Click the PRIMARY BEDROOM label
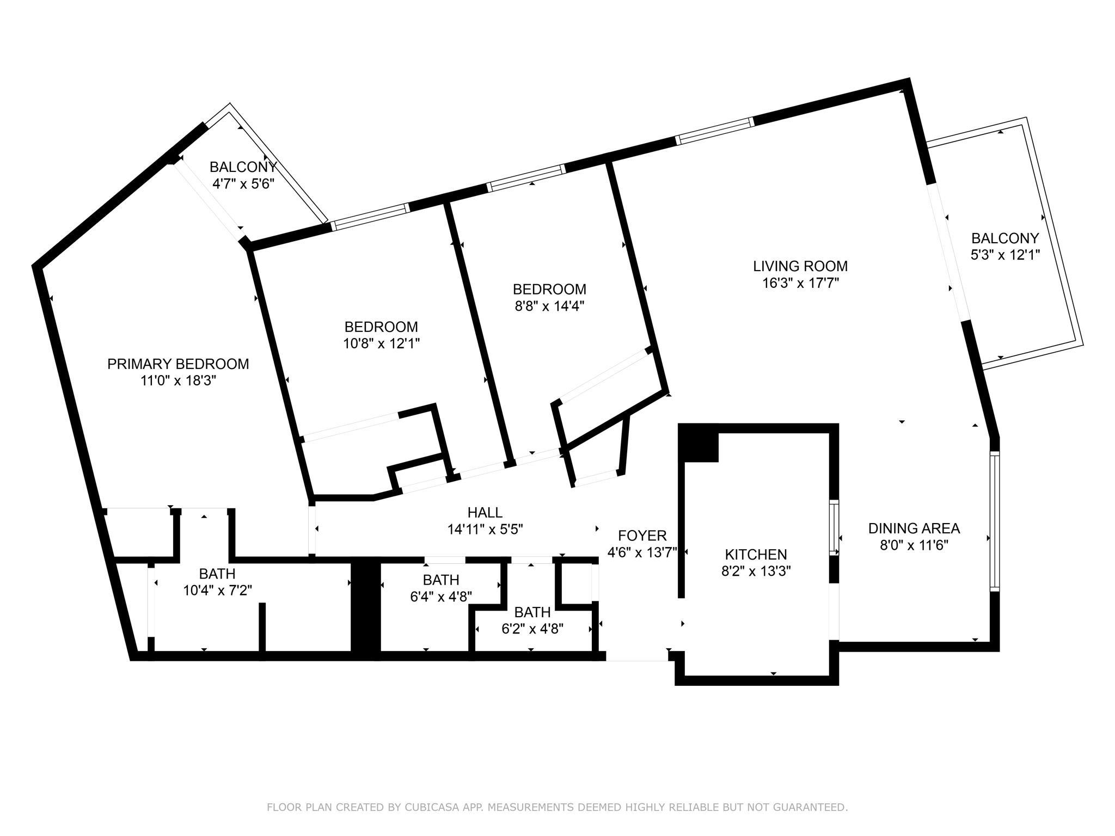(178, 364)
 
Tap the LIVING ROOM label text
(800, 266)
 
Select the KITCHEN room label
(756, 555)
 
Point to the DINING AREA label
(914, 528)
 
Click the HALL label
(485, 512)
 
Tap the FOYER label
(642, 536)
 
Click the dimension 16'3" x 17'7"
(800, 283)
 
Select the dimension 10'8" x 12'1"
(381, 343)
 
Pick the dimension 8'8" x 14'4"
(549, 305)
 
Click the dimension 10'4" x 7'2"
(217, 590)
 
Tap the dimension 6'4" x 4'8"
(441, 596)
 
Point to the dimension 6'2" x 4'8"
(532, 629)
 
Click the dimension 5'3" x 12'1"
(1006, 255)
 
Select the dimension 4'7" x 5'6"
(243, 183)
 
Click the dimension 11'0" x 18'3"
(179, 380)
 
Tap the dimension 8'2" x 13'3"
(756, 571)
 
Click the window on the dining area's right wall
(995, 522)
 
